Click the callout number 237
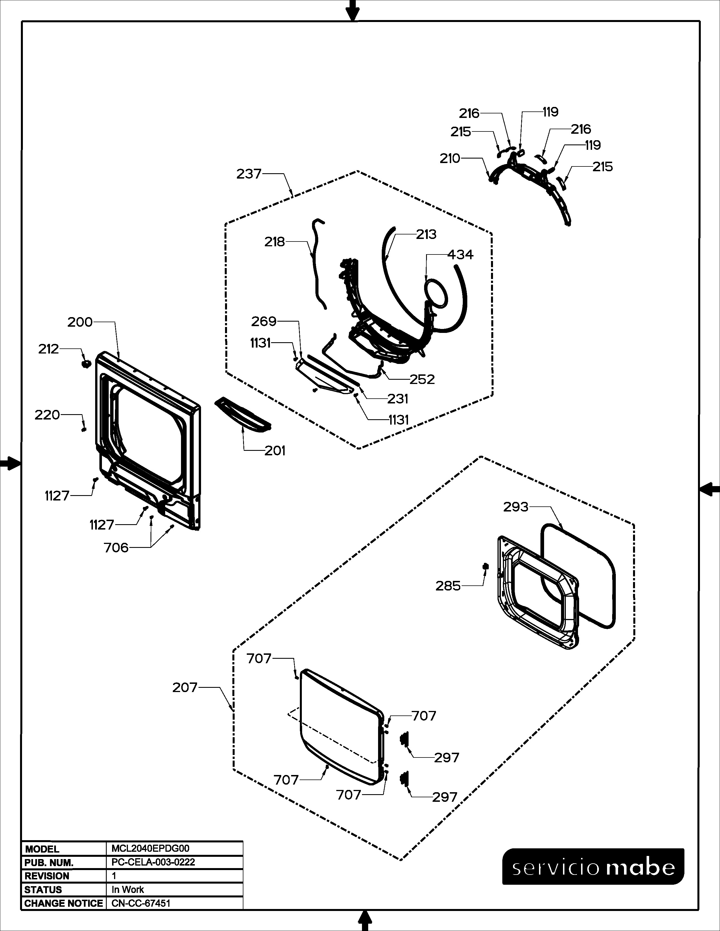point(249,174)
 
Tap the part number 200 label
point(80,322)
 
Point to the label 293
point(516,507)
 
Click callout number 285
point(448,586)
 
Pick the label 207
point(185,688)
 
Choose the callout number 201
point(275,451)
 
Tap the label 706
point(116,548)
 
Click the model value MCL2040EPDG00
point(150,849)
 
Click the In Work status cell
point(128,890)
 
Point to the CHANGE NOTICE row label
point(64,903)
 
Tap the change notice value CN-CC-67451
point(141,903)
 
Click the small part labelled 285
point(485,566)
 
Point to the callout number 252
point(422,379)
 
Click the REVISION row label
point(47,876)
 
